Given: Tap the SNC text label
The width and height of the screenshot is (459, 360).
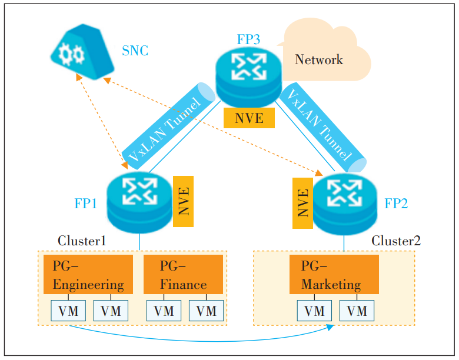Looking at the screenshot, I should click(135, 51).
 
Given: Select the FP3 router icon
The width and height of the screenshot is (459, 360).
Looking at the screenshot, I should click(246, 74).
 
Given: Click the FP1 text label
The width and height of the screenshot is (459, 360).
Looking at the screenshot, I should click(85, 204).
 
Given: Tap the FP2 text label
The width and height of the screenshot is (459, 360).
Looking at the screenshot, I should click(396, 204).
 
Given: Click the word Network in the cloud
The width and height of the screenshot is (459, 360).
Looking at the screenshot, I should click(318, 60).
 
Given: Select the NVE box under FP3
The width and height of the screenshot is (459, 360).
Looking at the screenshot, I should click(249, 118).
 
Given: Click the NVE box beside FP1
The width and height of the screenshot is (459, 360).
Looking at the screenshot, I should click(183, 201).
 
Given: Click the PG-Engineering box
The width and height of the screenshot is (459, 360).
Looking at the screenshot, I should click(88, 274).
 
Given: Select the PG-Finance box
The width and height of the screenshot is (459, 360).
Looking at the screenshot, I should click(184, 274).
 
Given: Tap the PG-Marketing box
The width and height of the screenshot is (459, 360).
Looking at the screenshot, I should click(334, 274).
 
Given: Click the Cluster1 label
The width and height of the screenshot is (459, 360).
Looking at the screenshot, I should click(82, 241).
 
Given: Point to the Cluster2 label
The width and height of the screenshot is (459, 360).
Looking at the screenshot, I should click(396, 241).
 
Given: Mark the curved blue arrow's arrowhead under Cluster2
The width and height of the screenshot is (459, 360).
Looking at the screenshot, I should click(330, 326).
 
